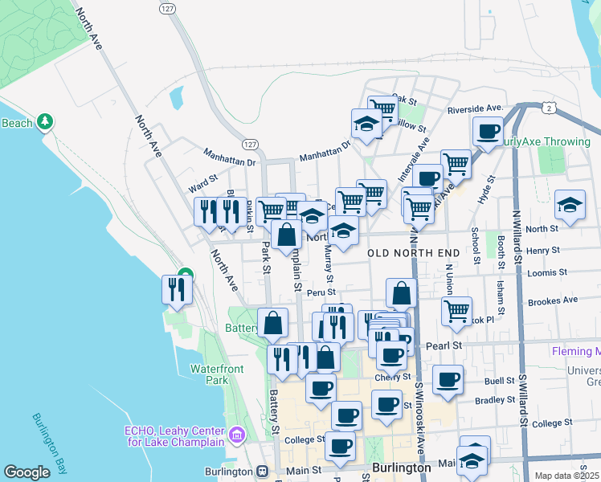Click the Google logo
(x=27, y=472)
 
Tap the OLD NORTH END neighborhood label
(x=414, y=253)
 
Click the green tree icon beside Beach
(x=47, y=122)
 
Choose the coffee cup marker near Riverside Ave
(x=487, y=131)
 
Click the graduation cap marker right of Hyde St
(x=570, y=206)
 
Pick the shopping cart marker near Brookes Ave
(x=456, y=311)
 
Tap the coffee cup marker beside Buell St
(x=448, y=378)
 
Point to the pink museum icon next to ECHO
(x=236, y=436)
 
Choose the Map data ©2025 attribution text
(x=566, y=476)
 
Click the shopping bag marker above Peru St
(x=402, y=293)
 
